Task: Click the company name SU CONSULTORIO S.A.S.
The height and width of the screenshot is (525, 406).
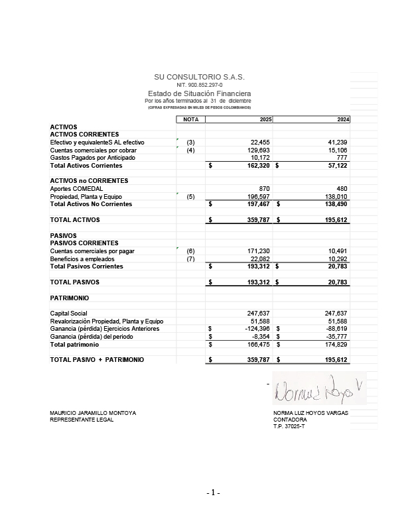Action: coord(199,78)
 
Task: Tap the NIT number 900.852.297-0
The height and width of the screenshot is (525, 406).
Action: coord(199,86)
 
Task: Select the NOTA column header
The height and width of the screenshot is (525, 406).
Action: coord(191,119)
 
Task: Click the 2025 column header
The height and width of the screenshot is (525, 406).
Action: coord(265,119)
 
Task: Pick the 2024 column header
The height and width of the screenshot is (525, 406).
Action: coord(342,119)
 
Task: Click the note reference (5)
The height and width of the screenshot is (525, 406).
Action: coord(190,197)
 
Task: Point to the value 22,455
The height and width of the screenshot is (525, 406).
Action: coord(259,143)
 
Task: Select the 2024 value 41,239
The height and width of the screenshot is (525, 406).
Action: coord(337,143)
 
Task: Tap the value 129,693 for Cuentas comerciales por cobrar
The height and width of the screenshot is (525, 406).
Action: coord(257,150)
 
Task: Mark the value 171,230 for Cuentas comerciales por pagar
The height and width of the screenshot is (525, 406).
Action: coord(257,251)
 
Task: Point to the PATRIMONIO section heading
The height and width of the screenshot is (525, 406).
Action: coord(70,298)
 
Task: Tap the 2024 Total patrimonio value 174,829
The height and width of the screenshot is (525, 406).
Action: coord(336,345)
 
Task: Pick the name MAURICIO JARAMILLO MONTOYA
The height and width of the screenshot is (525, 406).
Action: coord(93,413)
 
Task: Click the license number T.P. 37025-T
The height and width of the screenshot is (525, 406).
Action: coord(289,426)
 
